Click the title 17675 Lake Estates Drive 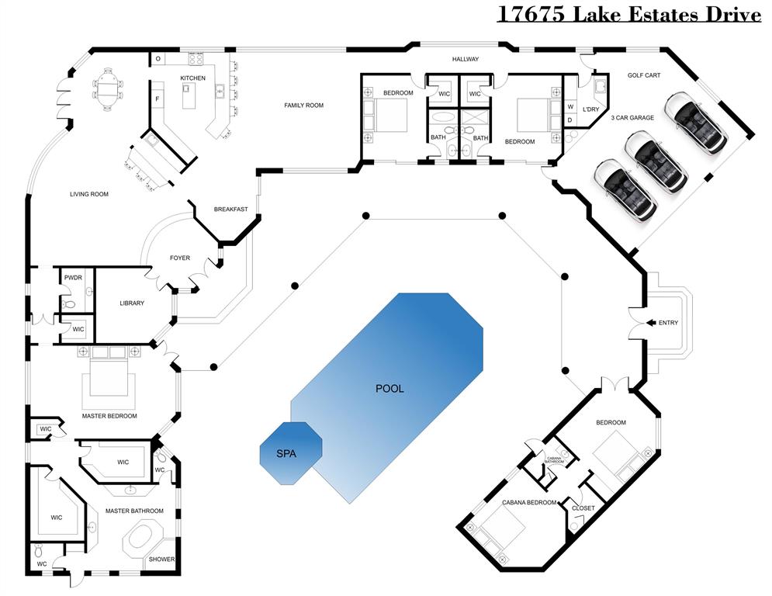(x=628, y=14)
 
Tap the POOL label (x=389, y=389)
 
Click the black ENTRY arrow (x=649, y=322)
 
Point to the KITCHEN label (x=193, y=78)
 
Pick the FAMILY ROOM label (x=303, y=105)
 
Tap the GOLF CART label (x=643, y=76)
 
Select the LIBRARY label (x=132, y=303)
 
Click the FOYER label (x=180, y=258)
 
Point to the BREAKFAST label (x=231, y=209)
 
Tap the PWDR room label (x=73, y=277)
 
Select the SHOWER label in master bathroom (x=162, y=560)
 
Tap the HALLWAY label (x=466, y=59)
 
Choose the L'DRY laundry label (x=591, y=109)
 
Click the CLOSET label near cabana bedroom (x=583, y=508)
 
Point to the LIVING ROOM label (x=89, y=194)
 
